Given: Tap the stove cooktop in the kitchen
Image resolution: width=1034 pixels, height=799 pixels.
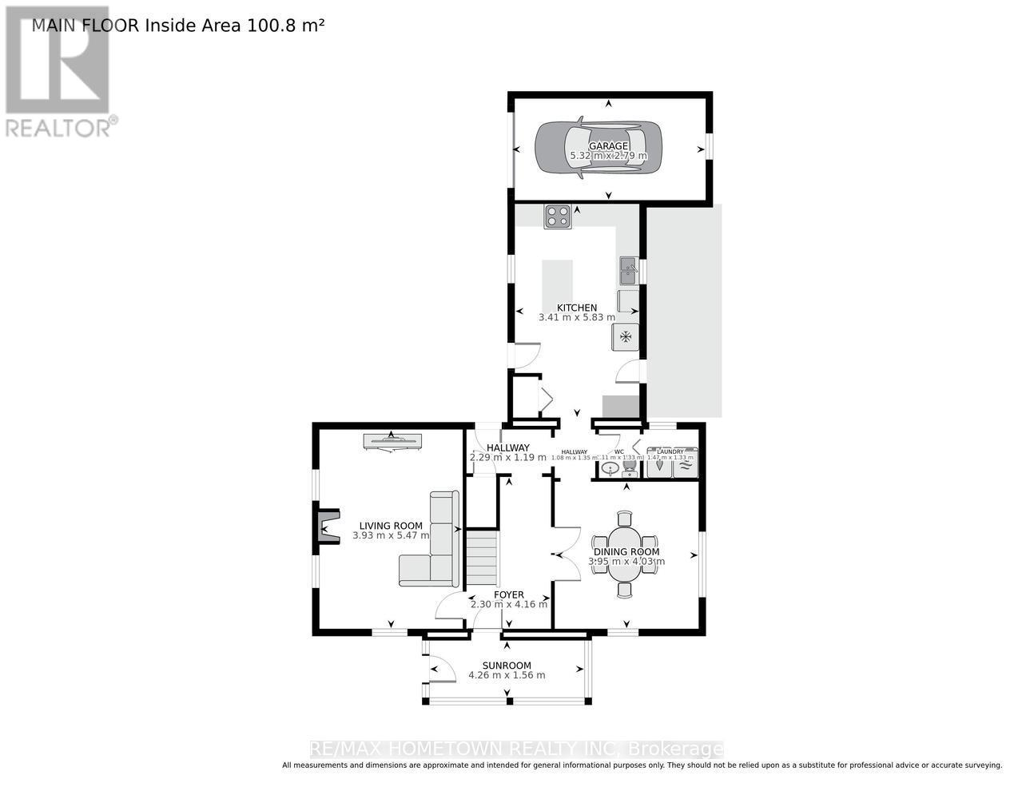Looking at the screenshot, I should coord(558,216).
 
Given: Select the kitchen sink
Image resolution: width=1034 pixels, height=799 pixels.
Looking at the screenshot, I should coord(627,271).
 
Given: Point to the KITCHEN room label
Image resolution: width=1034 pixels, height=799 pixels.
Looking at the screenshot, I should coord(577,308).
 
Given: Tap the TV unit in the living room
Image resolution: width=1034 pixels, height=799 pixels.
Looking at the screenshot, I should coord(392,440).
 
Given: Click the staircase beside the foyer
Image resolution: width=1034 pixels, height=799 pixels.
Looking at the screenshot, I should coord(482,559).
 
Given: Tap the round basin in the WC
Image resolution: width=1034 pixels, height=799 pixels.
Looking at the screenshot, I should coord(609,468).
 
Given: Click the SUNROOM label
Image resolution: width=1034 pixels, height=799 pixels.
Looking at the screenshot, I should coord(507,666).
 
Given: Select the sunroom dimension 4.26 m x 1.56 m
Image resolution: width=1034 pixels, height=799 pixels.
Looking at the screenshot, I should coord(507,676).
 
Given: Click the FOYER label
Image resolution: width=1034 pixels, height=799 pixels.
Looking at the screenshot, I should coord(509,594).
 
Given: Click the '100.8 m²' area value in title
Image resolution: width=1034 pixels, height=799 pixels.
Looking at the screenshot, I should coord(285,25).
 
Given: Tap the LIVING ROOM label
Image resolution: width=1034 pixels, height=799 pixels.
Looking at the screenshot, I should coord(391,526).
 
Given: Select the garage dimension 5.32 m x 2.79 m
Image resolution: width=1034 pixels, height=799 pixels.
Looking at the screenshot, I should coord(607,157).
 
